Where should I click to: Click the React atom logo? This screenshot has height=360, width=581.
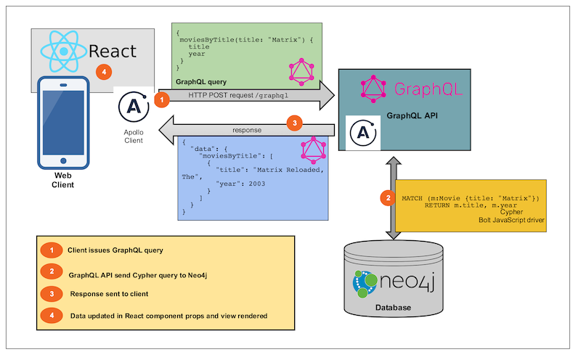click(x=64, y=51)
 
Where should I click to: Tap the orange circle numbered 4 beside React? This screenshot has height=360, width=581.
click(x=104, y=72)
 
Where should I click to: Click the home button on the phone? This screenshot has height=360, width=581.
click(x=63, y=160)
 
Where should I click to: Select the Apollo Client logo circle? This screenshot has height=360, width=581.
click(x=134, y=107)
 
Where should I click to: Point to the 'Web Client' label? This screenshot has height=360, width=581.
click(x=62, y=180)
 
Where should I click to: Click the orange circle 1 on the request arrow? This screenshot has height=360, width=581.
click(x=161, y=99)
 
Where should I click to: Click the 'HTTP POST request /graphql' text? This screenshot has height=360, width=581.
click(x=238, y=95)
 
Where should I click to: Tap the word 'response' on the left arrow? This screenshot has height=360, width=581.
click(x=247, y=130)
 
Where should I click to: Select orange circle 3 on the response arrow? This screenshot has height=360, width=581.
click(x=295, y=123)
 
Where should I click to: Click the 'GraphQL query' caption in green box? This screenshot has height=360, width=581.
click(x=201, y=82)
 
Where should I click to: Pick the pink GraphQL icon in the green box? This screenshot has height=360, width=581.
click(x=301, y=72)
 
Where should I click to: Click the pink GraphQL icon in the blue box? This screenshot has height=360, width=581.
click(x=314, y=150)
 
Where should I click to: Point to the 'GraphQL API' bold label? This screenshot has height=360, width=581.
click(x=412, y=115)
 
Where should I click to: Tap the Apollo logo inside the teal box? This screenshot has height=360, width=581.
click(x=363, y=133)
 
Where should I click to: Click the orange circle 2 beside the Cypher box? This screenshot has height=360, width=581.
click(x=389, y=197)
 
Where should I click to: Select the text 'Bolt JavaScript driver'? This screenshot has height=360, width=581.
click(x=511, y=220)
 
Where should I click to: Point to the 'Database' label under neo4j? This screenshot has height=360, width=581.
click(x=393, y=308)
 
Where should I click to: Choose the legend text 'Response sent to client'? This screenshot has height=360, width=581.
click(x=110, y=294)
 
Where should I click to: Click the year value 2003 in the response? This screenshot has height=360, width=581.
click(x=257, y=184)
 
